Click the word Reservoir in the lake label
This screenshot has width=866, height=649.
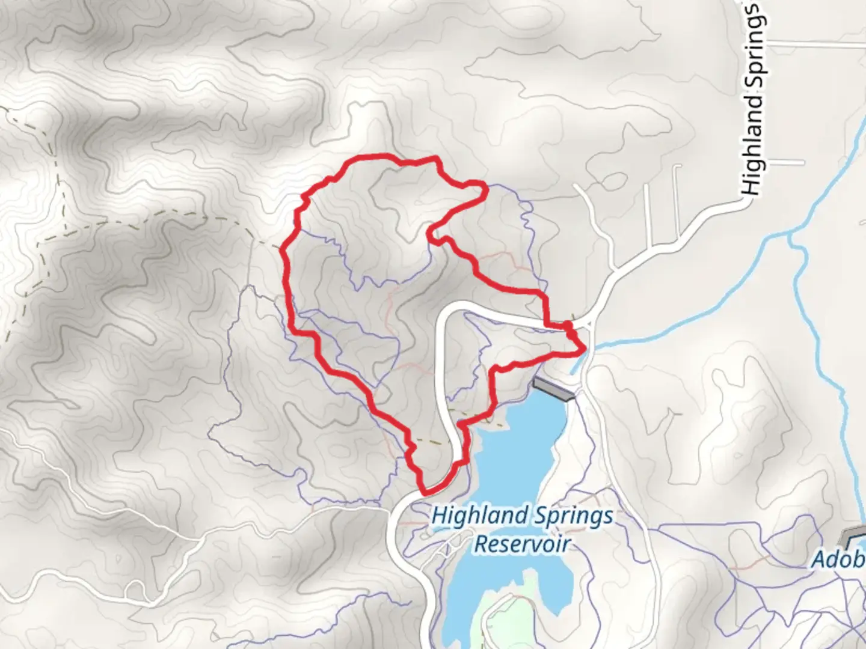521,544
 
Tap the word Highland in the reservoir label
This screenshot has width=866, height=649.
473,516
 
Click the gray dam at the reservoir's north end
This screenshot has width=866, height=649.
554,389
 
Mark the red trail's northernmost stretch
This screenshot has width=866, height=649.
385,157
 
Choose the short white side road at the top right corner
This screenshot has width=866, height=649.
818,44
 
